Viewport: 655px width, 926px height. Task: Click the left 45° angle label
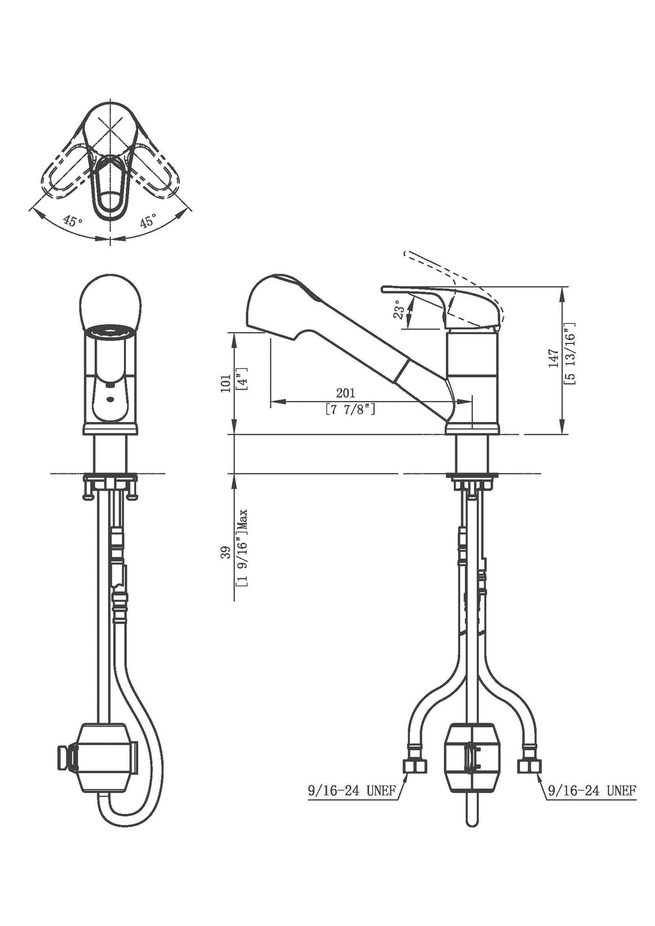[x=73, y=221]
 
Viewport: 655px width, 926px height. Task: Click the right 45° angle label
[x=148, y=221]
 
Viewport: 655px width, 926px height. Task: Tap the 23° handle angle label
[x=399, y=311]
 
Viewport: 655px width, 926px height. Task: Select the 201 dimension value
[x=345, y=393]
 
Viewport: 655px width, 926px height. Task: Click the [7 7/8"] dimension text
[x=350, y=409]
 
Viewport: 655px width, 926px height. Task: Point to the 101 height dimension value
[x=226, y=384]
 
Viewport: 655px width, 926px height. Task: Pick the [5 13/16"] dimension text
[x=570, y=353]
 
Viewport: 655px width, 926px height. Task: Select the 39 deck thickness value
[x=226, y=553]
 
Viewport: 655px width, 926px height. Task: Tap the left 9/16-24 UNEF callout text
[x=351, y=791]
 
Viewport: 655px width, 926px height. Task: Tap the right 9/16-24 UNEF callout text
[x=591, y=791]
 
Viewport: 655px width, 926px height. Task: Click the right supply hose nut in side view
[x=530, y=767]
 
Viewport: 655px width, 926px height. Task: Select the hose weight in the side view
[x=471, y=757]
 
